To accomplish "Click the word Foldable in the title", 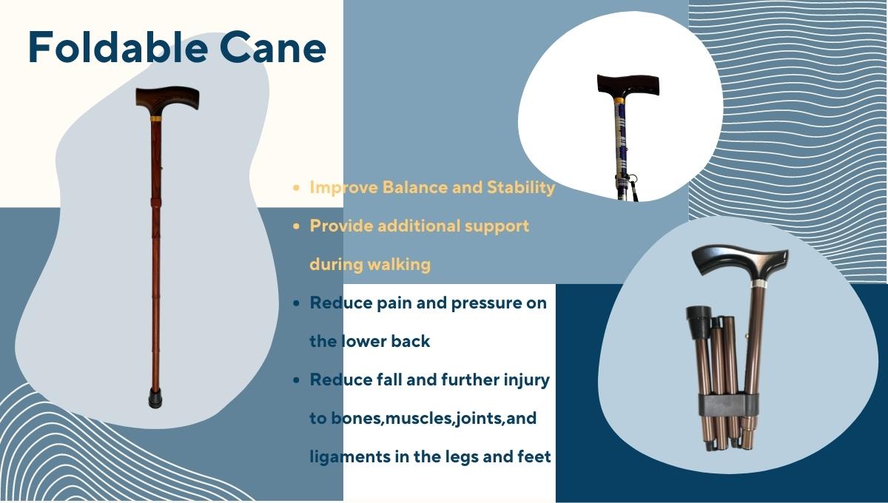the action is pos(118,47).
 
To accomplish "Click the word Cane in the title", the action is pos(273,47).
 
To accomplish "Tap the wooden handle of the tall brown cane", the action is pos(167,99).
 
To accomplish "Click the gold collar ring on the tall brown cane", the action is pos(156,118).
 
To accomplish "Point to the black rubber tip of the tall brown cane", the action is pos(155,398).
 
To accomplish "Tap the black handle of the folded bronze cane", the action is pos(740,263).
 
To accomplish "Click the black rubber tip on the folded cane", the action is pos(697,320).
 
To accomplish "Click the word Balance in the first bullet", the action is pos(414,187).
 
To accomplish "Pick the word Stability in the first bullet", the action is pos(521,188).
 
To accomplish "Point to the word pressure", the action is pos(484,303).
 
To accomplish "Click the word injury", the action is pos(527,380).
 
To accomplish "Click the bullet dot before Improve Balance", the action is pos(296,188).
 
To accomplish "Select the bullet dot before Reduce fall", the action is pos(296,380).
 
